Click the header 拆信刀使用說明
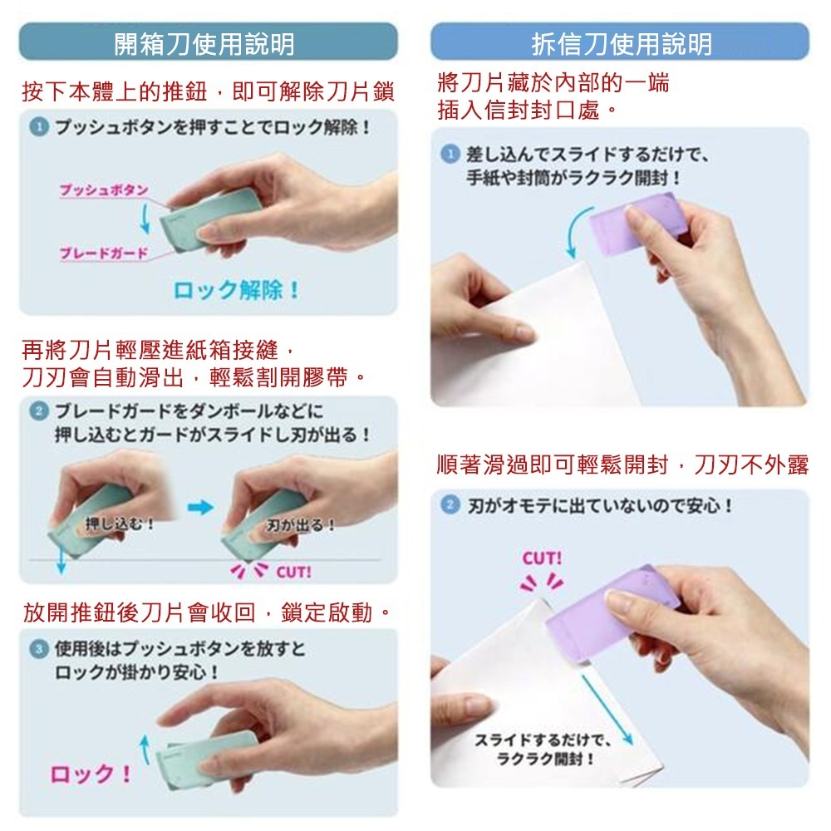tap(621, 42)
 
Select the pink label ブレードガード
tap(102, 253)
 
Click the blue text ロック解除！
tap(237, 292)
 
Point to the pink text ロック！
tap(91, 774)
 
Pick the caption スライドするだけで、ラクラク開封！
tap(541, 749)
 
